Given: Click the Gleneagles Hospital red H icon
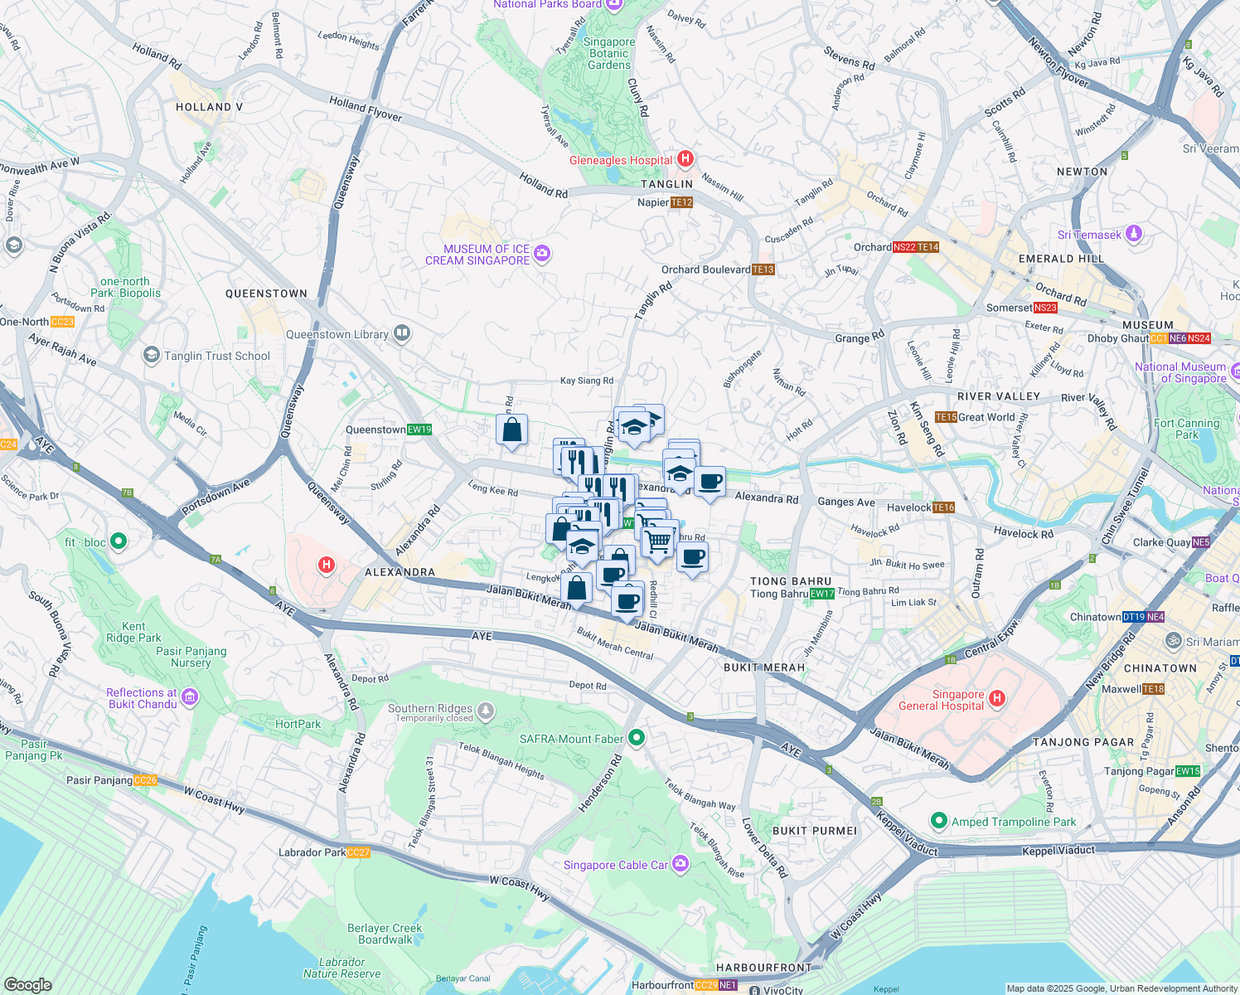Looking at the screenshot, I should click(685, 158).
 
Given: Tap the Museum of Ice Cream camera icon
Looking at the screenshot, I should click(542, 254).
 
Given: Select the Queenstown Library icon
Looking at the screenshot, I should click(402, 333).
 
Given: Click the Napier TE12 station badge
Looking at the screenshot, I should click(681, 202).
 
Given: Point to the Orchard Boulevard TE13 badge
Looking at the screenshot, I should click(763, 269).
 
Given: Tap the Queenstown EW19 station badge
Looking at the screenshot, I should click(419, 430).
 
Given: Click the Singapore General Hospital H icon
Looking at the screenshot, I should click(997, 699).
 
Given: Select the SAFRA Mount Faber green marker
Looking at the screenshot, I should click(637, 737).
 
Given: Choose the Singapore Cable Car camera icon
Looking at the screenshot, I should click(681, 864).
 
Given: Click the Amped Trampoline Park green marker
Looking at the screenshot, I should click(938, 821).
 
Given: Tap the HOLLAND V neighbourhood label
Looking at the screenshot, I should click(209, 107).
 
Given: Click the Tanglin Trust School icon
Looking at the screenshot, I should click(151, 356).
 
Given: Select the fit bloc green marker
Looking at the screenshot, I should click(119, 541).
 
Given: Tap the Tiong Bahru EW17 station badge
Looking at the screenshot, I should click(822, 594).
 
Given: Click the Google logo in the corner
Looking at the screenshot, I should click(27, 984).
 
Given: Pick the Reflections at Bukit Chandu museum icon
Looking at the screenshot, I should click(190, 696).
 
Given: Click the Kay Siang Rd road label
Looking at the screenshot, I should click(587, 381).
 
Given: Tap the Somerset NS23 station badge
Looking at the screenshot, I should click(1046, 308).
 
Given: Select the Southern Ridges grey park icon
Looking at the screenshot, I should click(486, 711).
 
